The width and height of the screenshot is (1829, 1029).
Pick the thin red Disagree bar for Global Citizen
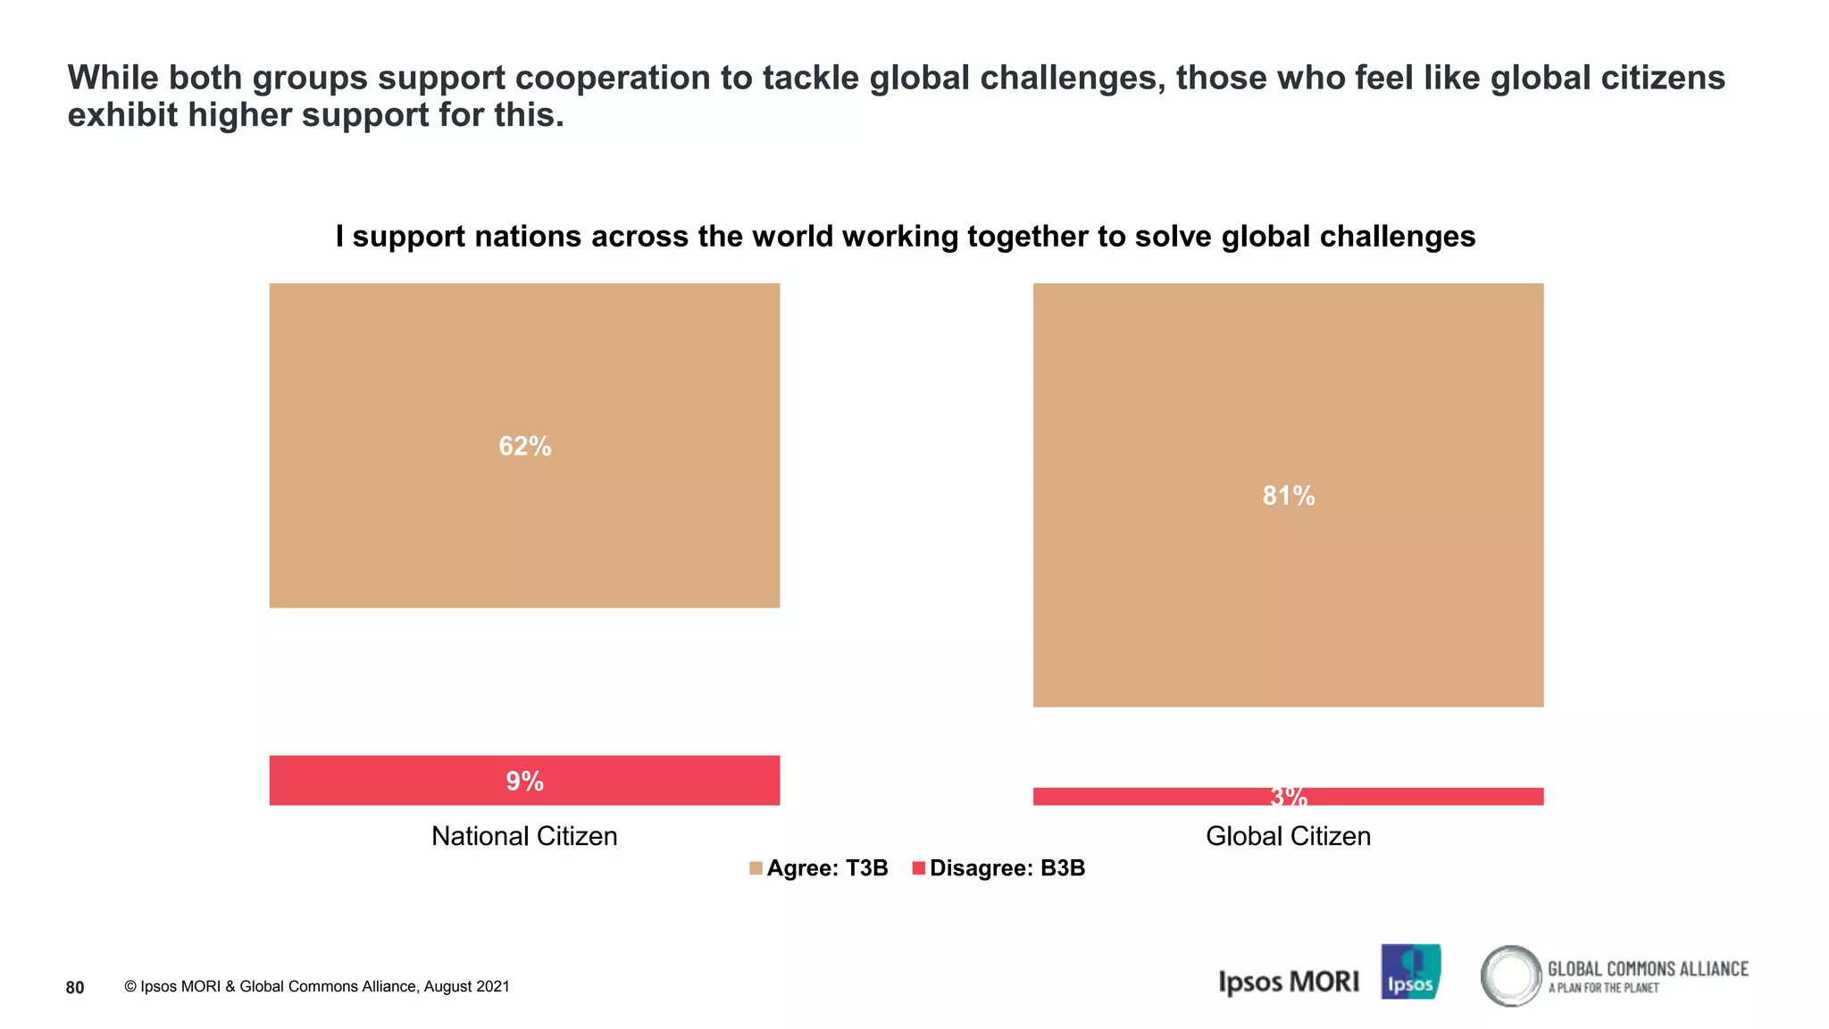[1161, 796]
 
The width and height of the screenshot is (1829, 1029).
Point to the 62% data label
[525, 446]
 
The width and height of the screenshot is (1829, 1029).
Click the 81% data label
[1289, 496]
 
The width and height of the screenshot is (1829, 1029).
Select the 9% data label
[525, 781]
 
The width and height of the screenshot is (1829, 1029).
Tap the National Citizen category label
[524, 836]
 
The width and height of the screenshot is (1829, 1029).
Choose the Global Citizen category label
[1288, 836]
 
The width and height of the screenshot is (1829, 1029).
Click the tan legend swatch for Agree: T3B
[756, 868]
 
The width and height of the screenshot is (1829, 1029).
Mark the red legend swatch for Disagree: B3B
[918, 868]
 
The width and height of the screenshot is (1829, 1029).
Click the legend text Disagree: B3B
[1007, 868]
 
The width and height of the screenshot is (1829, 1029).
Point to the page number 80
[75, 987]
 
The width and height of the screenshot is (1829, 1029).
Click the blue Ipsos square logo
[1410, 972]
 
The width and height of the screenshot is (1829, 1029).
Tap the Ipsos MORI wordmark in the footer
[1289, 982]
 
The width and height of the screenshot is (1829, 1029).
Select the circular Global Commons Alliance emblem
[1511, 975]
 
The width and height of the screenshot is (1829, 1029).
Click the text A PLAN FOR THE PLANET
[1603, 988]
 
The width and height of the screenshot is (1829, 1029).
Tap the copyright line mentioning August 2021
[317, 987]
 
